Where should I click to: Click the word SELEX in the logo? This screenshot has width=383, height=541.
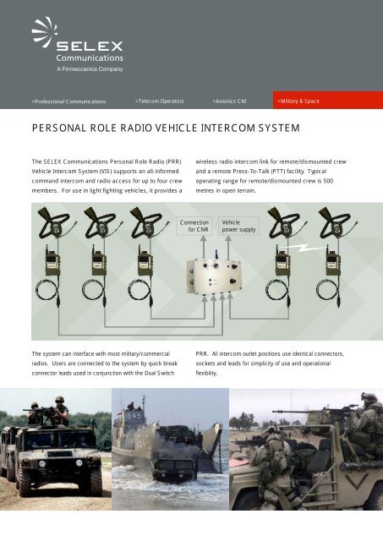click(90, 44)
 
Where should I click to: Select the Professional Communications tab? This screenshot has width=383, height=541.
click(68, 101)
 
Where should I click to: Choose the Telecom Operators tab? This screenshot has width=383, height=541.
click(163, 101)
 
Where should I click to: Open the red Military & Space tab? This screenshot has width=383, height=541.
click(299, 101)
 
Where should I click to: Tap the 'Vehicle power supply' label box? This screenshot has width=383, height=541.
click(237, 225)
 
